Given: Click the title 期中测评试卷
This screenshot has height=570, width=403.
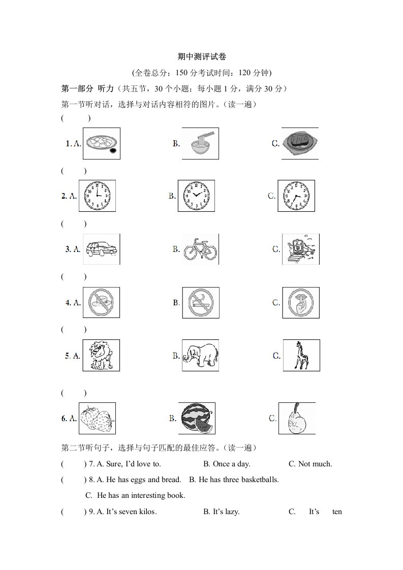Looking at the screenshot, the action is tap(201, 56).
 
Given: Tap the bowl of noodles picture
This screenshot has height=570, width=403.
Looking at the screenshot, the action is tap(200, 143).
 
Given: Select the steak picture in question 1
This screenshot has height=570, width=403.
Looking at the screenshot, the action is tap(300, 143).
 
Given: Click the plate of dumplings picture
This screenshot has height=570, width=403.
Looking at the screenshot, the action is tap(102, 143).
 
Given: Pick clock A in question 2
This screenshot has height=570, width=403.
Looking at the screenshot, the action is tap(97, 196).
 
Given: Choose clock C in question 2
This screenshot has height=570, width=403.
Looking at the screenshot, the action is tap(296, 196).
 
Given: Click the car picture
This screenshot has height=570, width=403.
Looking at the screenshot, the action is tap(102, 249).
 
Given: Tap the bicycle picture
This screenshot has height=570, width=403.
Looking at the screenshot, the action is tap(200, 249).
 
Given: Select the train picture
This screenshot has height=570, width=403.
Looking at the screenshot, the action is tap(301, 249).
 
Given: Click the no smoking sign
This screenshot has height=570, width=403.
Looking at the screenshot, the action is tap(201, 302).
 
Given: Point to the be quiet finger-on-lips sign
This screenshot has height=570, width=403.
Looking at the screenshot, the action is tap(301, 302).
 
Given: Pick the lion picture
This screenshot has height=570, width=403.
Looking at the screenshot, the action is tap(101, 355).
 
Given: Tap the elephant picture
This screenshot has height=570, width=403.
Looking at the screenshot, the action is tap(200, 355).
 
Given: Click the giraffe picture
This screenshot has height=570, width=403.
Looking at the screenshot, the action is tap(301, 355).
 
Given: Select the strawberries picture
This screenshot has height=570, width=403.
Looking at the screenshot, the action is tap(97, 418).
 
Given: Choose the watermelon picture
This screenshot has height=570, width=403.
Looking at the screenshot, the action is tap(197, 418).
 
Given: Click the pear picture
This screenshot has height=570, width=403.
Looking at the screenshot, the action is tap(297, 418).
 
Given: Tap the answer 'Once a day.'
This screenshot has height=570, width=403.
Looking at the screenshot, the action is tap(227, 464).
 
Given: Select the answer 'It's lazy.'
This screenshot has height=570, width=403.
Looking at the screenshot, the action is tap(222, 512).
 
